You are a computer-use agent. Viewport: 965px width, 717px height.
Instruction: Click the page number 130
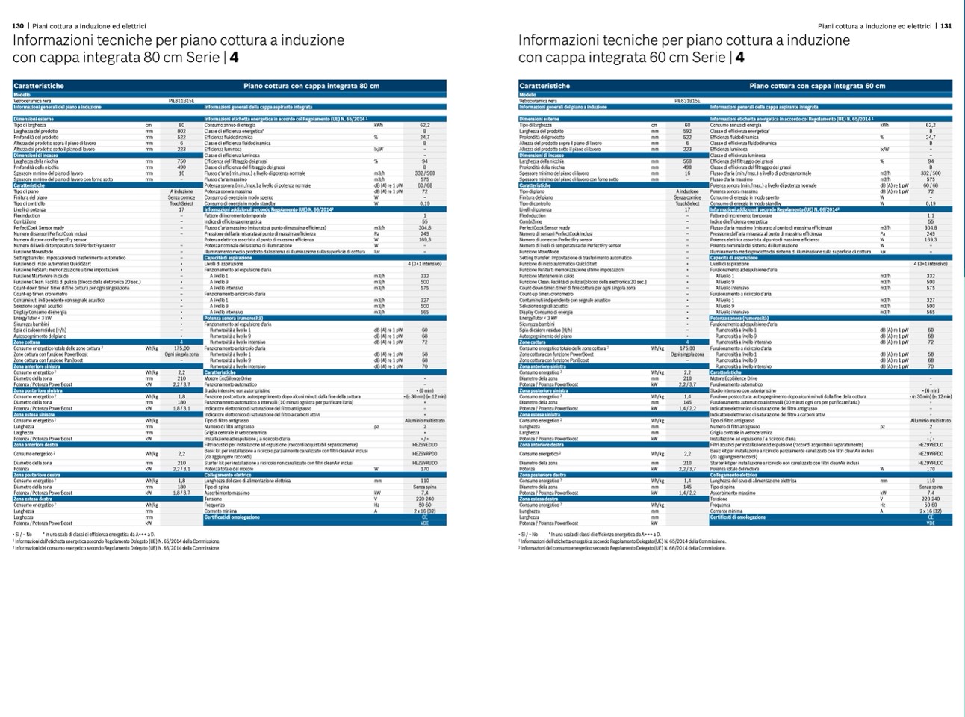pos(18,26)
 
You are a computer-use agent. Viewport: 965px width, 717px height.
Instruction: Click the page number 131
pos(946,26)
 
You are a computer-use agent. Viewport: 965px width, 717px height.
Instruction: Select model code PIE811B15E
pos(181,101)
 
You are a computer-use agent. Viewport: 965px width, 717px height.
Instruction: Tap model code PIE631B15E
pos(687,101)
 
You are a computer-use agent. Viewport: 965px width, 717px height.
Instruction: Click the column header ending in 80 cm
pos(311,86)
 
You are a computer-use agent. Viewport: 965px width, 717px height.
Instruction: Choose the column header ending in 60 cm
pos(817,86)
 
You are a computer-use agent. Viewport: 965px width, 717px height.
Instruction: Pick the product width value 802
pos(181,132)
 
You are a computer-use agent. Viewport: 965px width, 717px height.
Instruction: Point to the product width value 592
pos(687,132)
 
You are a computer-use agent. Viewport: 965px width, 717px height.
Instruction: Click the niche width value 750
pos(181,161)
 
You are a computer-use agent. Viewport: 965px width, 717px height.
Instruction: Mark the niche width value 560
pos(687,161)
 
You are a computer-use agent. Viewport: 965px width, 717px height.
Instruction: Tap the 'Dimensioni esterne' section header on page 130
pos(31,119)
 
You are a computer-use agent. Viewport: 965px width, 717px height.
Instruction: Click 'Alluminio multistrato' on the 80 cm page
pos(425,421)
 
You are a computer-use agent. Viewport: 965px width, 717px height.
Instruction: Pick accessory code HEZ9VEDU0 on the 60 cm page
pos(931,445)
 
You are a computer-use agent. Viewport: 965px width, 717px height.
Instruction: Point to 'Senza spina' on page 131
pos(931,487)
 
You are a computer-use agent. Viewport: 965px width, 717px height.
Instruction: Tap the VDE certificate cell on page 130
pos(425,523)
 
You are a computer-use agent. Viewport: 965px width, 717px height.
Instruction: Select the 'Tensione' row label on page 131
pos(718,499)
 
